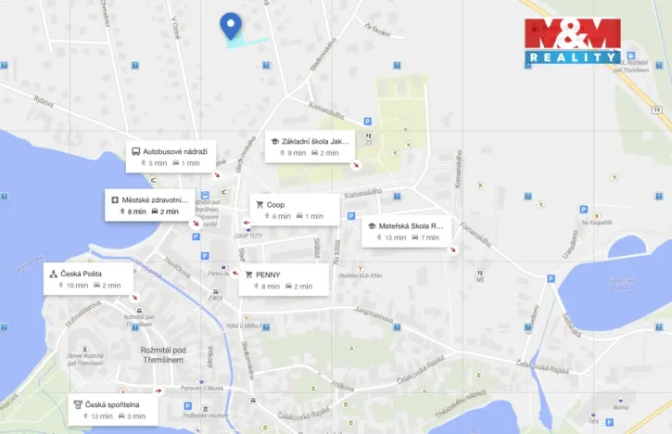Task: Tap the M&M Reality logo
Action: (572, 42)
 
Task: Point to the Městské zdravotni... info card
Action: (149, 205)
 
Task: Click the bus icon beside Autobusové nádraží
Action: (135, 151)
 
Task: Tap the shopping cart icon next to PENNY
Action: (247, 274)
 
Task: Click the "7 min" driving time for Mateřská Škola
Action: (429, 237)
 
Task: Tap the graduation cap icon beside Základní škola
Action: (274, 142)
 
